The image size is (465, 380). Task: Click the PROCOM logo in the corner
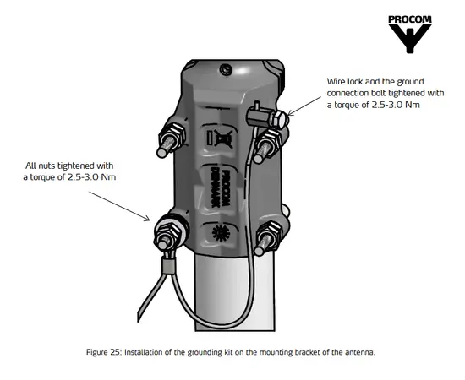410,34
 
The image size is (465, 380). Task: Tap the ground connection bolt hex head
280,119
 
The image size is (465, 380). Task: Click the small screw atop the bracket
226,69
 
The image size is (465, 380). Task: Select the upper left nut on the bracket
174,136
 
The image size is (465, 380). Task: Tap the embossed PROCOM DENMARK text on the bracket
221,187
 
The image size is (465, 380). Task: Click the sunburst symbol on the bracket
221,233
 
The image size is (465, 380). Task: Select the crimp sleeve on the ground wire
168,265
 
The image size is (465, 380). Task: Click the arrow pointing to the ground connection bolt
304,106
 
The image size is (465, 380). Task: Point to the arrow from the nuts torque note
119,206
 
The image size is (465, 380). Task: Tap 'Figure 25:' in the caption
104,352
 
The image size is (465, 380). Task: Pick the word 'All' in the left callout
30,166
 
